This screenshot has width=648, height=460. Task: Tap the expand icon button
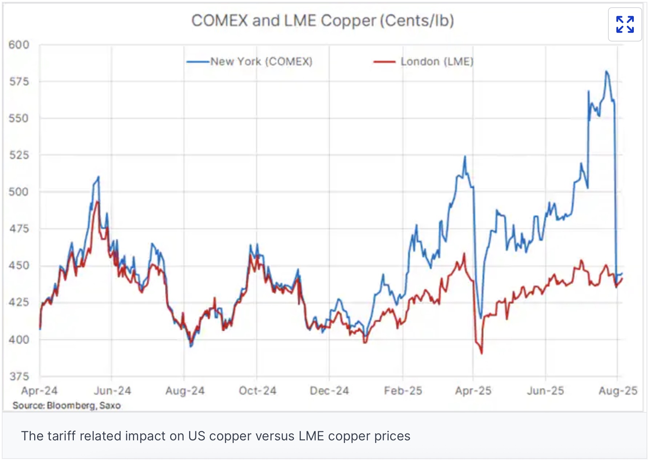[x=625, y=24]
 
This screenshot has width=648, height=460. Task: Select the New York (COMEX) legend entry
[x=261, y=62]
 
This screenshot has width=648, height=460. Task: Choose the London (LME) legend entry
[x=437, y=62]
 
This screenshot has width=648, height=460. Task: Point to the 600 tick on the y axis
[x=19, y=45]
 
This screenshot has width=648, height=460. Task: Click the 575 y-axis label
[x=19, y=82]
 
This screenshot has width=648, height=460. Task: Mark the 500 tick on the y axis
[x=19, y=192]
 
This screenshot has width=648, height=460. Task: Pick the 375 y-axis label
[x=19, y=376]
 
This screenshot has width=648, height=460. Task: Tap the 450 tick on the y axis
[x=19, y=266]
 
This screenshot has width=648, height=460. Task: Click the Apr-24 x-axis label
[x=39, y=391]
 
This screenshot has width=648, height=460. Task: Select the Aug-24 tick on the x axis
[x=185, y=391]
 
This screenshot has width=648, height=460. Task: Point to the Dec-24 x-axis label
[x=329, y=391]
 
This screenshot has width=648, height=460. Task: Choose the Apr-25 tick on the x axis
[x=473, y=391]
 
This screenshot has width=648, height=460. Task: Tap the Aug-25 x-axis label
[x=618, y=391]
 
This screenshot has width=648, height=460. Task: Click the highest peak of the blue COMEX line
[x=606, y=71]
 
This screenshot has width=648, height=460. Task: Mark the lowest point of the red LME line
[x=482, y=353]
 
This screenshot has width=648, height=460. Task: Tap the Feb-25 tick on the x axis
[x=403, y=391]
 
